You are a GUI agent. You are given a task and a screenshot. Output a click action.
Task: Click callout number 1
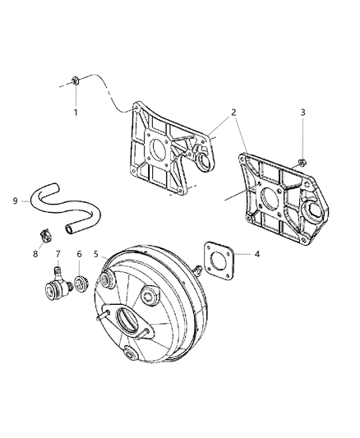76,113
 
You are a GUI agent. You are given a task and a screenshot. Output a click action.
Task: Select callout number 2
233,113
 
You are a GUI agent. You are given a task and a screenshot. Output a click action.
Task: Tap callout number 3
302,113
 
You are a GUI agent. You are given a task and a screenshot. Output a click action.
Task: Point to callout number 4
257,254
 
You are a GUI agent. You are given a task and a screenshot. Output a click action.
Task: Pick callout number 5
96,254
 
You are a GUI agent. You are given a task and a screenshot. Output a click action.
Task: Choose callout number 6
80,254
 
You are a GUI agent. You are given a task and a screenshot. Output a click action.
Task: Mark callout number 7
58,254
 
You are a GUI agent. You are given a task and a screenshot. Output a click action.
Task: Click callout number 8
35,254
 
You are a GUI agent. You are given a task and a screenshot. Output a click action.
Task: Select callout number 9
15,201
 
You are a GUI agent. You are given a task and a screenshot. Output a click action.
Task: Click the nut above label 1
75,81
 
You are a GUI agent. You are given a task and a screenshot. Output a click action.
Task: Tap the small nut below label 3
302,162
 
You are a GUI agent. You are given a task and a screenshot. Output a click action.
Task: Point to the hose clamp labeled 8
45,235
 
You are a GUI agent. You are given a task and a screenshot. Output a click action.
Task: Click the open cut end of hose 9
69,229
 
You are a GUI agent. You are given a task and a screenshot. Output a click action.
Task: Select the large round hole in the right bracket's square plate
270,200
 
